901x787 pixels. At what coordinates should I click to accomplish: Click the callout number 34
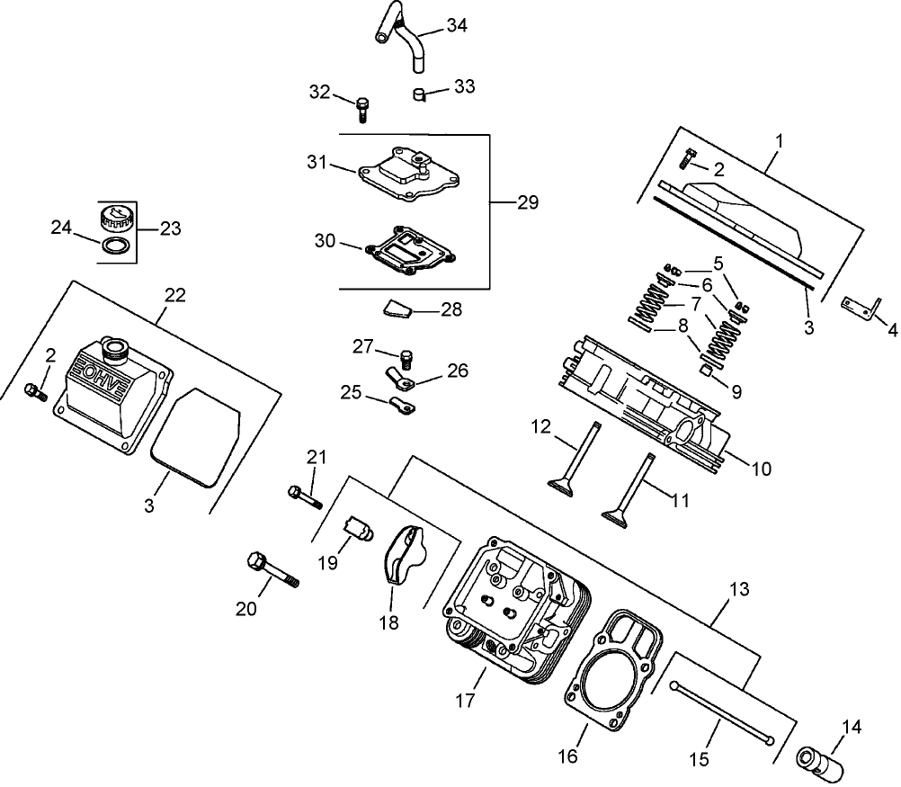click(456, 25)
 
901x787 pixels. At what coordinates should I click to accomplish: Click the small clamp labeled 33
click(419, 94)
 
